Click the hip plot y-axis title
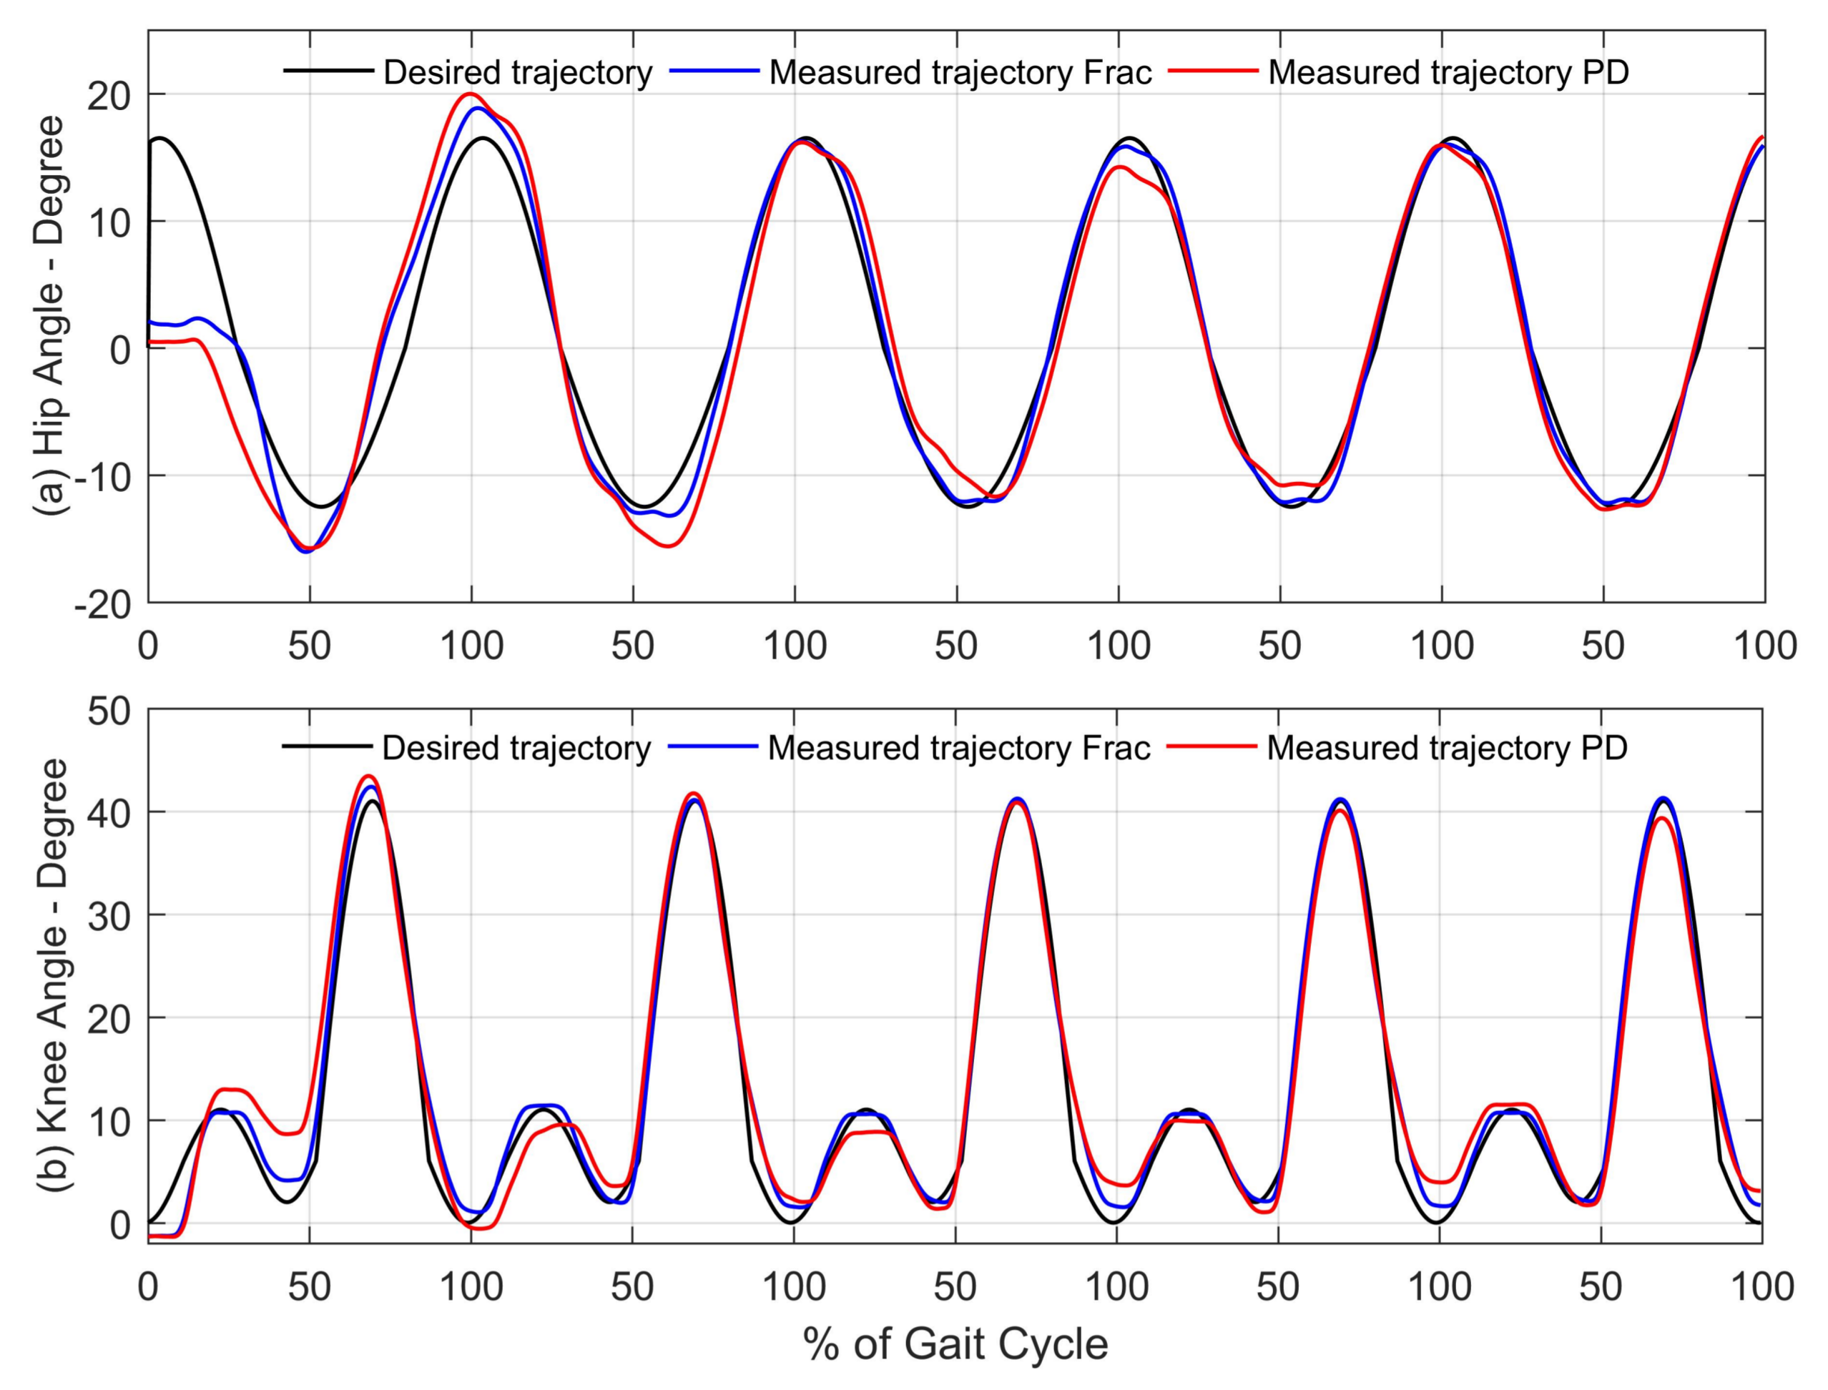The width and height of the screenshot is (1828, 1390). coord(51,316)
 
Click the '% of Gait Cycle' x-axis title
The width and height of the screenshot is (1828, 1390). coord(955,1344)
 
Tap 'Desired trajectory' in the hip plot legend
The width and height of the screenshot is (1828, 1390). coord(517,73)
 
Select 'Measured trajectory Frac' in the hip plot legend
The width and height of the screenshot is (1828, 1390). coord(960,73)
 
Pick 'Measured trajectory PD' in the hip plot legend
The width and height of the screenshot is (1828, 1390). coord(1448,73)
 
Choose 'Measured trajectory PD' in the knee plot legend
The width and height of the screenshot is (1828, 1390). coord(1447,748)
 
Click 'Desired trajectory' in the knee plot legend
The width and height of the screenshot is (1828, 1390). coord(516,748)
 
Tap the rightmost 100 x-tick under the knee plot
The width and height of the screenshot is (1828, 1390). coord(1761,1288)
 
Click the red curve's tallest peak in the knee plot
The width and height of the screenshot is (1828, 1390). coord(369,776)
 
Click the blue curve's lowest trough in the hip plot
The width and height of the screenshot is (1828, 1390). coord(305,552)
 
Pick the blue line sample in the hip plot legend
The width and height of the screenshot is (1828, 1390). coord(713,72)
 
